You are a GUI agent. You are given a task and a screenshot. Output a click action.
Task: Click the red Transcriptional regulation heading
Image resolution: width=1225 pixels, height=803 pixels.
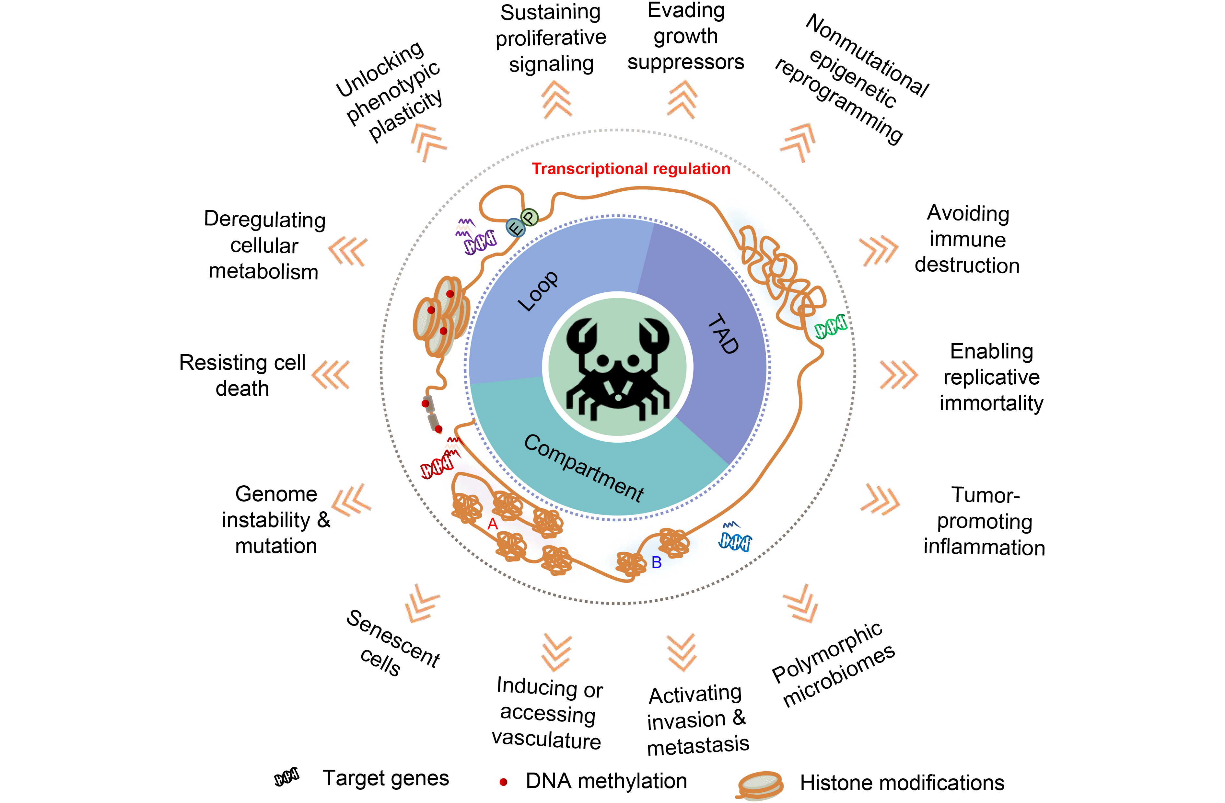click(631, 169)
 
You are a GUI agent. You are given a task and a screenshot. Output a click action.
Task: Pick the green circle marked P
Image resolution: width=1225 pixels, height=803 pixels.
click(529, 217)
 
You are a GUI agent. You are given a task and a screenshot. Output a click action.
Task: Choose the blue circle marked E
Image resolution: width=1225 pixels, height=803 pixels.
click(515, 227)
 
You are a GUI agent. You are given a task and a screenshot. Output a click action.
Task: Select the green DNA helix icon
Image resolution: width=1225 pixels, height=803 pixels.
click(830, 326)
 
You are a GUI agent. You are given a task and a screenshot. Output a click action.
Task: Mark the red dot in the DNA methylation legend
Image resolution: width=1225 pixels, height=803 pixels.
click(503, 782)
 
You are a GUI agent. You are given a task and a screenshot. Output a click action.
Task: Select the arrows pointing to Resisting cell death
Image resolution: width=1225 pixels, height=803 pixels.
click(331, 375)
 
